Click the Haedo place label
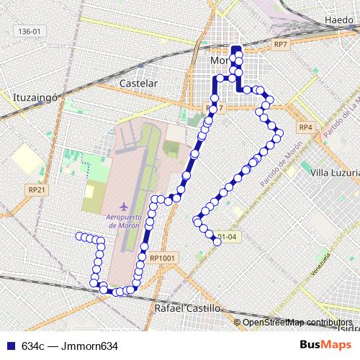(x=338, y=19)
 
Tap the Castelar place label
(x=138, y=84)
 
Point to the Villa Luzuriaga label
(x=334, y=174)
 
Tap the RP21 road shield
(x=37, y=189)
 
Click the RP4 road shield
(x=306, y=127)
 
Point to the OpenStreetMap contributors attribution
(x=297, y=322)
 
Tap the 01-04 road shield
(x=228, y=235)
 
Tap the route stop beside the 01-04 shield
(x=217, y=241)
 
